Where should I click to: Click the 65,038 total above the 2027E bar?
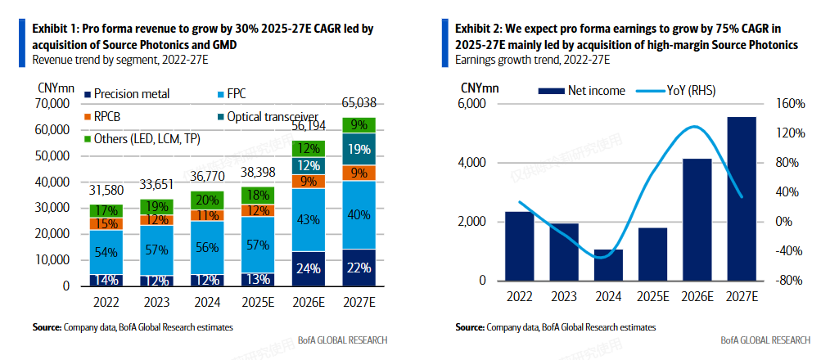coord(359,102)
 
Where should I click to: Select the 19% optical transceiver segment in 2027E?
coord(358,150)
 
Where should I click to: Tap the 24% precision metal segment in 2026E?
coord(308,268)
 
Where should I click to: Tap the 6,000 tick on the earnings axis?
coord(473,104)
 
